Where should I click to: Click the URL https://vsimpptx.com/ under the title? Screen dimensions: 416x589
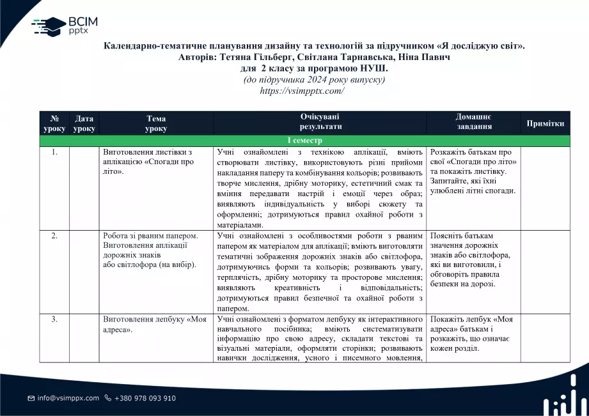tap(302, 91)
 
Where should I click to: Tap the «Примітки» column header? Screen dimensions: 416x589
tap(545, 123)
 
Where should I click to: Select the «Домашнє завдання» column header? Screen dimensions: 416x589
tap(474, 122)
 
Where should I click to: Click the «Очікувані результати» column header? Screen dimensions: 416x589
tap(320, 122)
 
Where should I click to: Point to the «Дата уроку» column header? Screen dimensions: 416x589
tap(84, 123)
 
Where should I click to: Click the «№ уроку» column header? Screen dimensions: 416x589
tap(54, 123)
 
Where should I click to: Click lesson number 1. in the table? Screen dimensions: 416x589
tap(54, 153)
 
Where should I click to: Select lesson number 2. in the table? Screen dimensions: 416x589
tap(54, 236)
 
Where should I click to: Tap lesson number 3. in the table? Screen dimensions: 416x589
tap(54, 319)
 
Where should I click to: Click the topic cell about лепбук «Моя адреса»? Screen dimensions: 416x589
tap(155, 324)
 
